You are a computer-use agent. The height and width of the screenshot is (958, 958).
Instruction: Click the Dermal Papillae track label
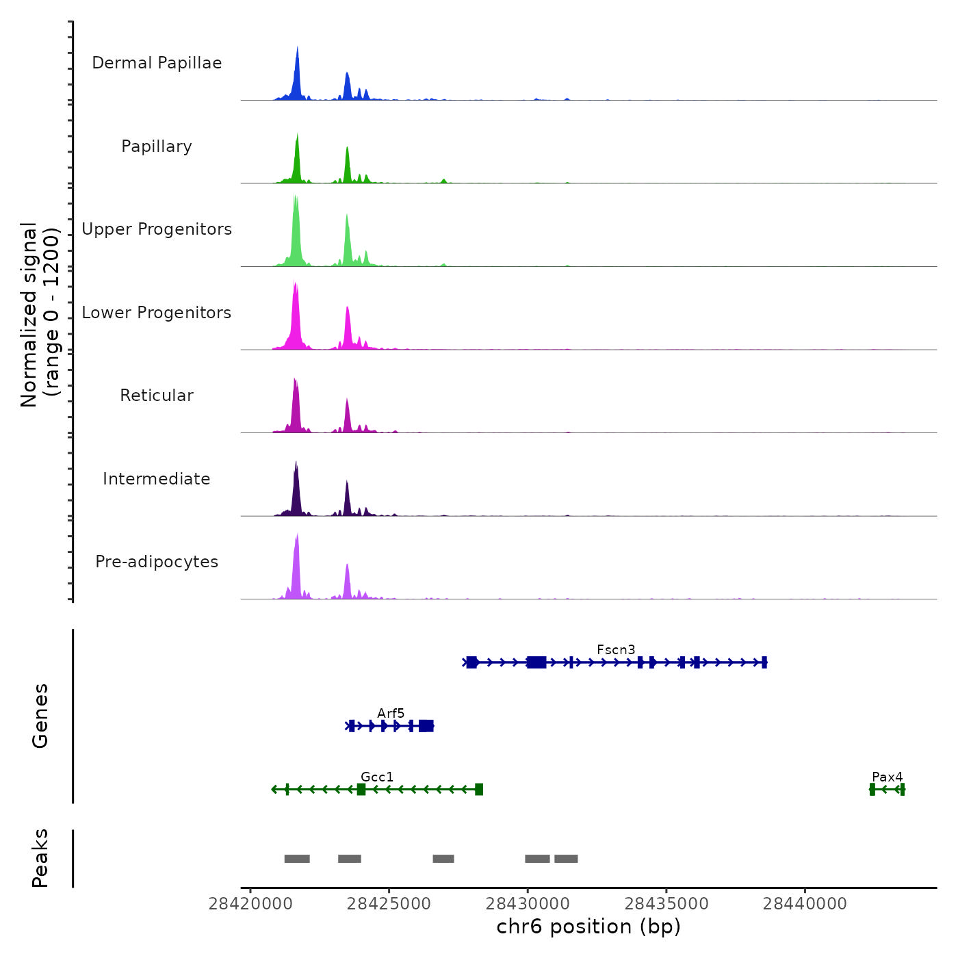pyautogui.click(x=157, y=63)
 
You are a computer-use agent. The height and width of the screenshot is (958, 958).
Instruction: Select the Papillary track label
pyautogui.click(x=157, y=146)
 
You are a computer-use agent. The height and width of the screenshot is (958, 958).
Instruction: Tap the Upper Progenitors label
pyautogui.click(x=157, y=229)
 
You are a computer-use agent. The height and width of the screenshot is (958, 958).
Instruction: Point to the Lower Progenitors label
pyautogui.click(x=157, y=313)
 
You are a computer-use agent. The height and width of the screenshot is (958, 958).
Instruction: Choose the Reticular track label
pyautogui.click(x=157, y=396)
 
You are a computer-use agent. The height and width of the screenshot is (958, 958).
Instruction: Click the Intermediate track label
pyautogui.click(x=157, y=479)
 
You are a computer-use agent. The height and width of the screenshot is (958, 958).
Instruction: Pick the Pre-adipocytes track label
pyautogui.click(x=157, y=562)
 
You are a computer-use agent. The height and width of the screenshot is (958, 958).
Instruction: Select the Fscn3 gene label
pyautogui.click(x=616, y=649)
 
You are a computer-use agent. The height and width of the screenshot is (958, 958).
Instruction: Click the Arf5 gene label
pyautogui.click(x=391, y=713)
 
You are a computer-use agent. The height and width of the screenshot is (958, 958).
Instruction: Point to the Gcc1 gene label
pyautogui.click(x=377, y=777)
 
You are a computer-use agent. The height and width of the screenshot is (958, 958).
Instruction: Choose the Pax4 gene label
pyautogui.click(x=887, y=777)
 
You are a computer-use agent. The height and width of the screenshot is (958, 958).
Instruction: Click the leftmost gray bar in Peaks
pyautogui.click(x=297, y=859)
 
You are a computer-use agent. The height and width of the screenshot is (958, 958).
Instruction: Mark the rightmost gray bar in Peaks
pyautogui.click(x=566, y=859)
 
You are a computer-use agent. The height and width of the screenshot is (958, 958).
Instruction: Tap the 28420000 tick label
pyautogui.click(x=250, y=904)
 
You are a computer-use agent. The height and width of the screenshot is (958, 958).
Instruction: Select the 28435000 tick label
pyautogui.click(x=666, y=904)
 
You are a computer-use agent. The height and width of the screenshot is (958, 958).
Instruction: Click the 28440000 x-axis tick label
pyautogui.click(x=805, y=904)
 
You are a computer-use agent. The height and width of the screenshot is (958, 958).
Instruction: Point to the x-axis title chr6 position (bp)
pyautogui.click(x=588, y=927)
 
